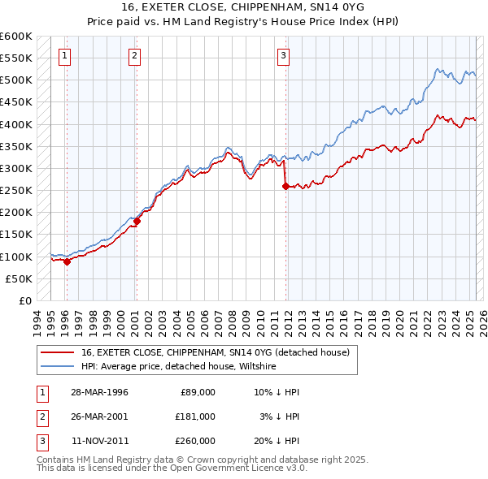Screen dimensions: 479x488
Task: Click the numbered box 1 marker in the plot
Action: click(x=64, y=56)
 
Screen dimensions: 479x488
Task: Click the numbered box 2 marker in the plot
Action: click(x=134, y=56)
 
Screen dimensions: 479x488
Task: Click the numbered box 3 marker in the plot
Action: click(x=283, y=56)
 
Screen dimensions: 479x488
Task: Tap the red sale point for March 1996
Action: click(x=67, y=261)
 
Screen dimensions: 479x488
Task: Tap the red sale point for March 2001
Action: click(x=137, y=221)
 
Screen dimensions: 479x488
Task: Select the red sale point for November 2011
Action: click(x=285, y=186)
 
